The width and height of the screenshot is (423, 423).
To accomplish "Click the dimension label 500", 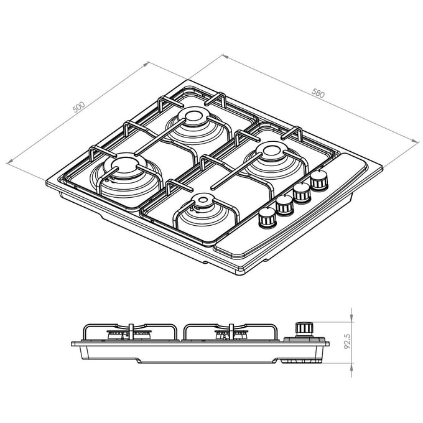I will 78,107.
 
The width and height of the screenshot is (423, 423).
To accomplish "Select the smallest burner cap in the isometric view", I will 203,200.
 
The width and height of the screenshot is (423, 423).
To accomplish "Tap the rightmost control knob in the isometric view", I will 319,180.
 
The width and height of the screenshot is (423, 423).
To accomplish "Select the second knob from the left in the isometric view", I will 285,204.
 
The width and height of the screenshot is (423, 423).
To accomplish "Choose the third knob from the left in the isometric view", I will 302,192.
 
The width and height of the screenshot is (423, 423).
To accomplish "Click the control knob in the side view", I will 304,329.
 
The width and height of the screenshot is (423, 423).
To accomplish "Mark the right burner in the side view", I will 228,335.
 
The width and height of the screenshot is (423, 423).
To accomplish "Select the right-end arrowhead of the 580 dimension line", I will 416,142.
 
